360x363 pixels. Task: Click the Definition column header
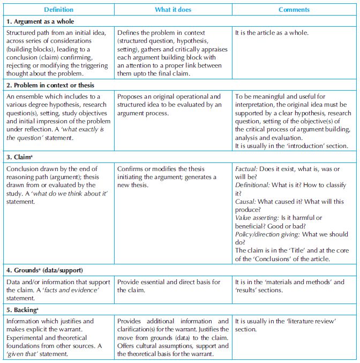point(58,10)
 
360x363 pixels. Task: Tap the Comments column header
point(294,10)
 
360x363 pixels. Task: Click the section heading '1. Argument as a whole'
point(40,21)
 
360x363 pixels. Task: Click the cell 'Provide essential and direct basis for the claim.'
point(169,286)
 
